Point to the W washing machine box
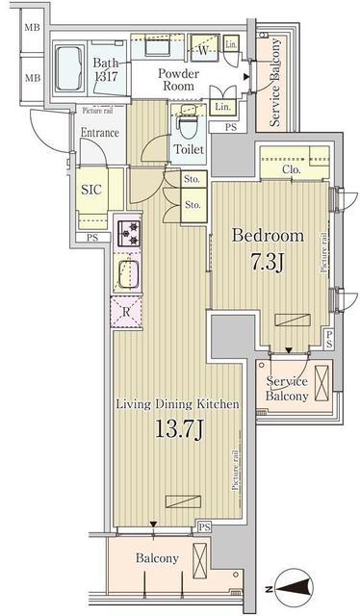click(202, 49)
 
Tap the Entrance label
click(99, 133)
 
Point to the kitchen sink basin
click(129, 274)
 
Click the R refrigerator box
click(127, 311)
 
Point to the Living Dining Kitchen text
click(177, 405)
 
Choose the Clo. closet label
click(294, 170)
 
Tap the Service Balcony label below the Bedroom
click(288, 388)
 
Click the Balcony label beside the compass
click(156, 558)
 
